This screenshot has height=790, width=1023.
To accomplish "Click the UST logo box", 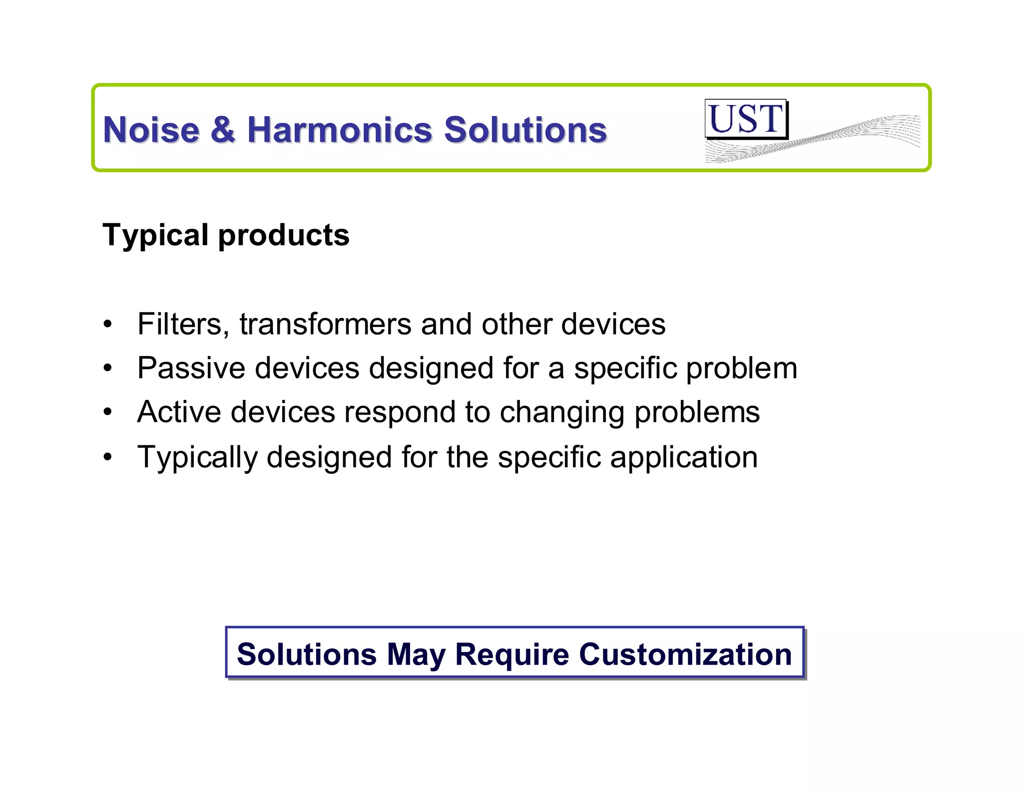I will pos(746,119).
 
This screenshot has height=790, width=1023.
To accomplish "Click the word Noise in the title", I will pos(151,130).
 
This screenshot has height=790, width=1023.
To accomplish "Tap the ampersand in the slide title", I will pos(223,130).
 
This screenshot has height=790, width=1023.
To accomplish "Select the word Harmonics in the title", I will pos(340,130).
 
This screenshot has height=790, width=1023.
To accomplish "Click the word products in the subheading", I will pos(284,235).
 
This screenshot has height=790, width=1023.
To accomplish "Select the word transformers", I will pos(325,324).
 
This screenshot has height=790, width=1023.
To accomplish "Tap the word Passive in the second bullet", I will pos(191,369).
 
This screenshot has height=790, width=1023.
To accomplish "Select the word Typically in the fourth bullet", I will pos(197,457).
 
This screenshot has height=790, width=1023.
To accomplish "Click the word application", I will pos(684,457).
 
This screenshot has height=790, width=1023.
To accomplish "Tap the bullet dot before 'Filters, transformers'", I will pos(108,325).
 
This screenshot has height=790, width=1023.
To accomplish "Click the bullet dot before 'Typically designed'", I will pos(108,457).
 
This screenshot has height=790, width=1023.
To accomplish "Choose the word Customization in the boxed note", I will pos(685,654).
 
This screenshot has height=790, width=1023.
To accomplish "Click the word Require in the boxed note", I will pos(512,655).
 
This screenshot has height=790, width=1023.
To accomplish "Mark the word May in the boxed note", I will pos(416,655).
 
